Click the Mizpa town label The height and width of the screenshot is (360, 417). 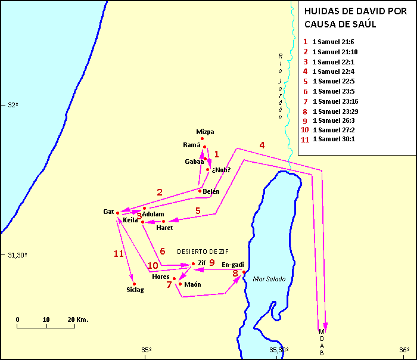[205, 132]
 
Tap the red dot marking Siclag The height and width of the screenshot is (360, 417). [135, 284]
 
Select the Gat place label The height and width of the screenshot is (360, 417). [108, 212]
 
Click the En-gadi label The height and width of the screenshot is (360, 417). [232, 264]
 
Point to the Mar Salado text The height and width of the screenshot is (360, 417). [269, 279]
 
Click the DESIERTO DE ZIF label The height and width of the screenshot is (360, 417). [202, 251]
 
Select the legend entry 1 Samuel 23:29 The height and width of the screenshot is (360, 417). [335, 111]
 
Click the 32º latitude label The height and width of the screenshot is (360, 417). [13, 105]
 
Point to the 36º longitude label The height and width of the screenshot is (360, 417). [403, 350]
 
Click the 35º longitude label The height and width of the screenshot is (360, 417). [147, 350]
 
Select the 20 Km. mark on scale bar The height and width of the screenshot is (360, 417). [77, 319]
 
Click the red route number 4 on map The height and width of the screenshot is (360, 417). [262, 145]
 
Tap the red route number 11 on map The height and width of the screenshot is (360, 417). [119, 253]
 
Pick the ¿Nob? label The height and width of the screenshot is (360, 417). [221, 170]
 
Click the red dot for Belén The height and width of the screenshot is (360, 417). [200, 191]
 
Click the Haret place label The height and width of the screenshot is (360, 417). [164, 228]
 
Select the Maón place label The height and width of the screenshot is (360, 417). [192, 284]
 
